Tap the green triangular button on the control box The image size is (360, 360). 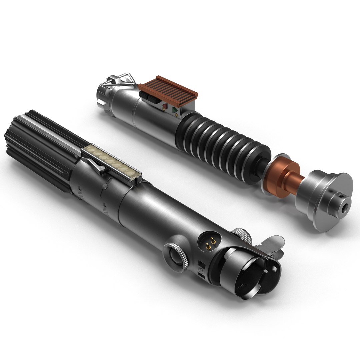(174, 109)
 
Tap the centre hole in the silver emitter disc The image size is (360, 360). (344, 208)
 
